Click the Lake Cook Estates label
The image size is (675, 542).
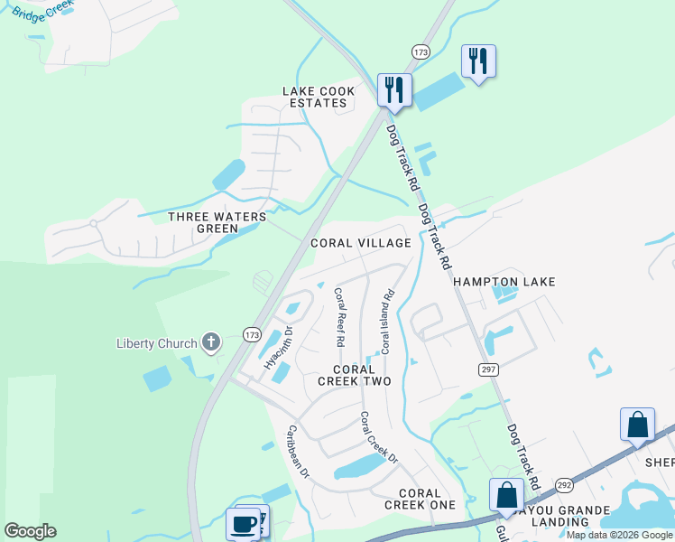319,97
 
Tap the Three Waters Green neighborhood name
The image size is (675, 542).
217,223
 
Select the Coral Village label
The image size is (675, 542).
360,243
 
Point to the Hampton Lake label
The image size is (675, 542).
504,282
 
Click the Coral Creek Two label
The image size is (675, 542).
354,376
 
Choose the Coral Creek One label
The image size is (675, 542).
420,499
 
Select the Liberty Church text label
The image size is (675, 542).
156,343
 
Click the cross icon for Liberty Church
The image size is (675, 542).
211,341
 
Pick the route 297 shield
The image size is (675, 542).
486,369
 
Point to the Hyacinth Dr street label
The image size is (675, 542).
278,348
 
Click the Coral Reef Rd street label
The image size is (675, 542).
340,317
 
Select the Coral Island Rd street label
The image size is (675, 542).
388,321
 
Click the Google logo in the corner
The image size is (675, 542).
30,531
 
